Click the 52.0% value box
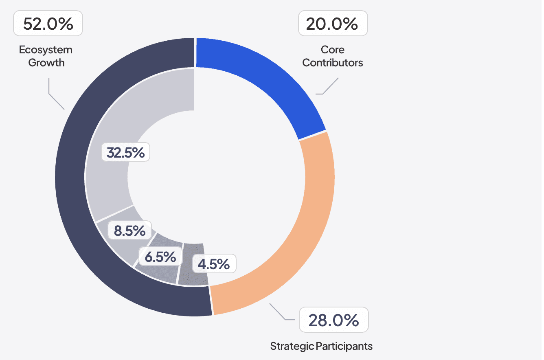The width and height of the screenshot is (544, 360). click(x=48, y=24)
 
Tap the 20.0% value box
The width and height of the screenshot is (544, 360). click(x=333, y=24)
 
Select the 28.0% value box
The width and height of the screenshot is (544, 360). click(x=333, y=320)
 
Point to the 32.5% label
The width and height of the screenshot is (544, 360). click(x=125, y=152)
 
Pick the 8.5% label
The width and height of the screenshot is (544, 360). click(x=129, y=230)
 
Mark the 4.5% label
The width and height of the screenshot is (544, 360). click(x=213, y=264)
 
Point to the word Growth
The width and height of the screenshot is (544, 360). click(x=46, y=63)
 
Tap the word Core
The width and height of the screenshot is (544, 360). click(x=333, y=50)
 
